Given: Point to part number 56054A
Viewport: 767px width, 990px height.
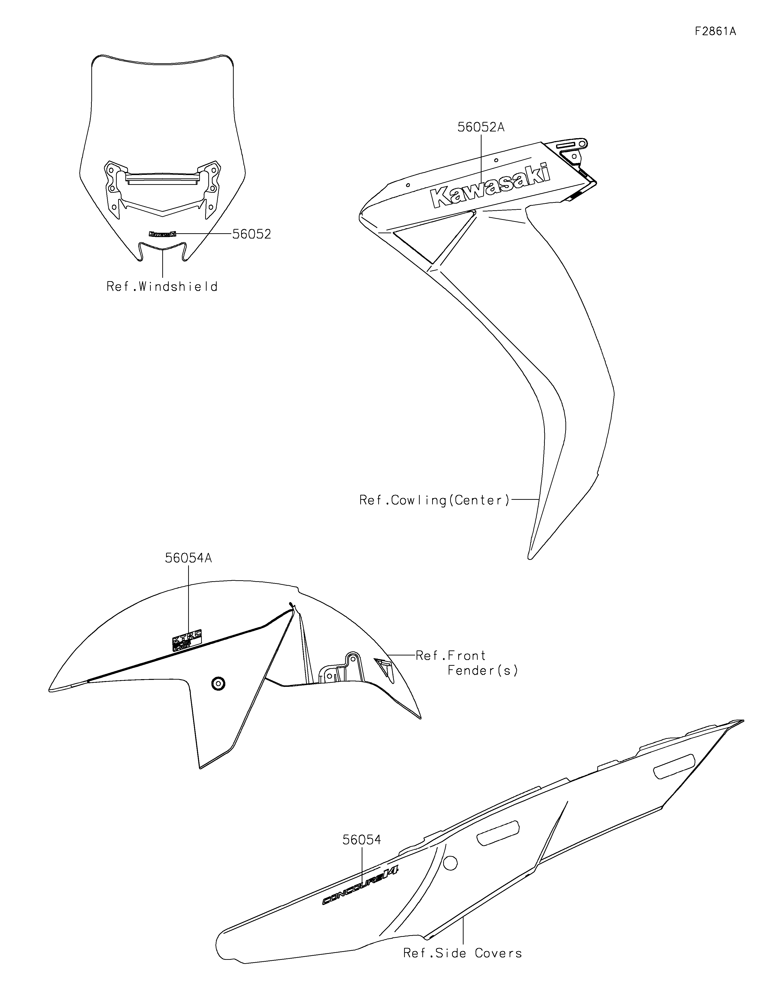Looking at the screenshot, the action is click(x=188, y=558).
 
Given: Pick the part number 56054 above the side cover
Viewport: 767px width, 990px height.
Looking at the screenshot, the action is click(x=361, y=840).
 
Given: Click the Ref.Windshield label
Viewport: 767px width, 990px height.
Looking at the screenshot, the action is click(x=162, y=286).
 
